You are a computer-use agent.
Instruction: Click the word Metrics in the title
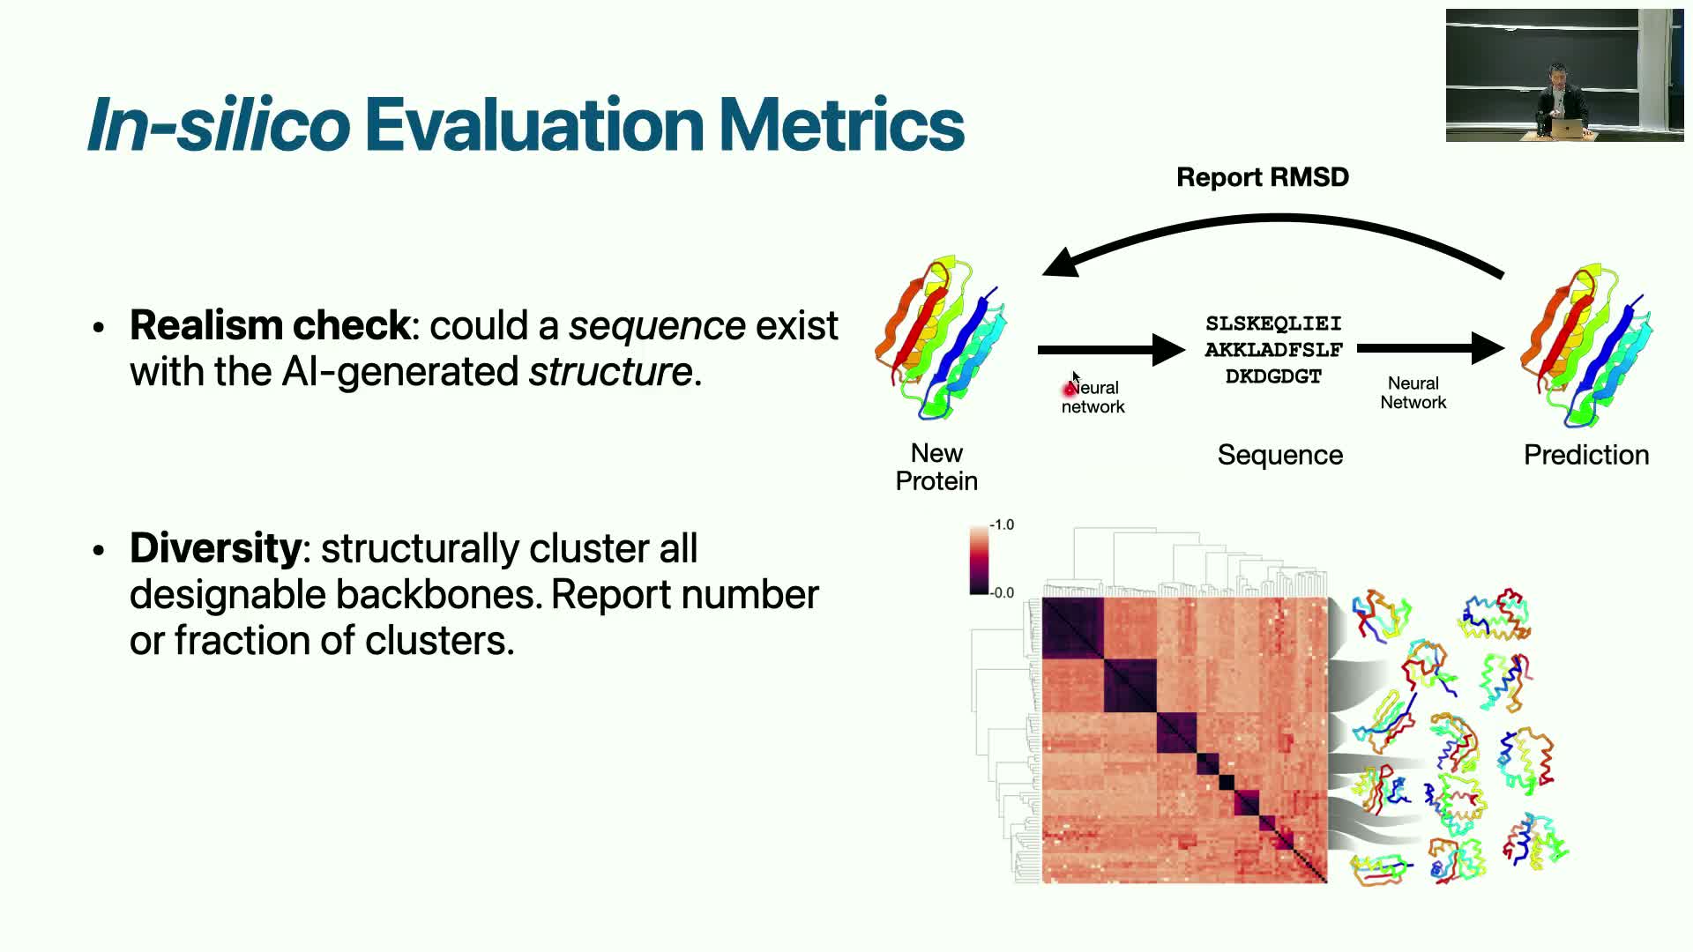841,123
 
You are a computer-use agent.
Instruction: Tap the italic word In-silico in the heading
220,123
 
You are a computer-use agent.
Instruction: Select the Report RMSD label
1263,177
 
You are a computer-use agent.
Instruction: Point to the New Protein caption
936,467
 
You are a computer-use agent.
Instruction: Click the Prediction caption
1586,455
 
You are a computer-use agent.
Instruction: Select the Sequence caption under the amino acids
1280,455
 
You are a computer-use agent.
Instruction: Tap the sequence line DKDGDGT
1273,376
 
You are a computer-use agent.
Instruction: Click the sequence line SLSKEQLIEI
1273,324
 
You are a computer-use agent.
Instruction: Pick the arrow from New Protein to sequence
1111,349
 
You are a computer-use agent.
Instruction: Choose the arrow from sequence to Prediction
1430,349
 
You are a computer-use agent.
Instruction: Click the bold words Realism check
270,326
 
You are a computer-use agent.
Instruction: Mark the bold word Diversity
215,548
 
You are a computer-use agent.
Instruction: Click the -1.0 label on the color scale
1002,524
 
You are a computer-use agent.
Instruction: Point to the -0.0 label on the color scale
1002,592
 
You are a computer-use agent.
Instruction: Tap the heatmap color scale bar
979,560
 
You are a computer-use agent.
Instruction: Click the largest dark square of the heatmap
1073,628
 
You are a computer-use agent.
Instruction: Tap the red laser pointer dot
1070,389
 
